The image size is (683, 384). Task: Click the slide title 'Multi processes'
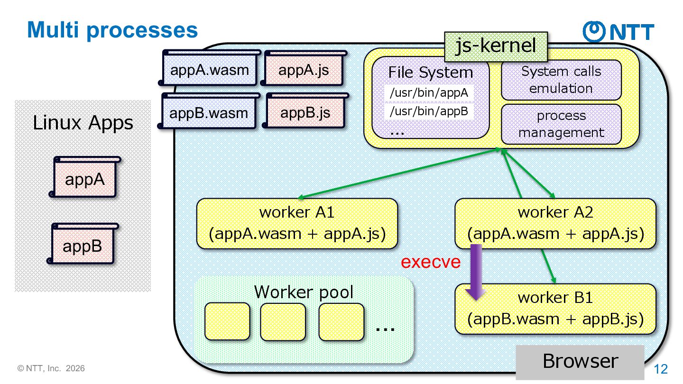112,30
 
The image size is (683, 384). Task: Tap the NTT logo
618,31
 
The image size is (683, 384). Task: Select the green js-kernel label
496,46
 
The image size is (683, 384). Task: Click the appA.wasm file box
210,68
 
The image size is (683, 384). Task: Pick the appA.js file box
304,68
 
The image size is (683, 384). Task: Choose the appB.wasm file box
209,111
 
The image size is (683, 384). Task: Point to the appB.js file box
305,110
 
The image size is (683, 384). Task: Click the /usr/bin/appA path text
429,92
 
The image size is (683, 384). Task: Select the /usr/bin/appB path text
429,111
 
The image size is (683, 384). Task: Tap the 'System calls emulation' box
561,80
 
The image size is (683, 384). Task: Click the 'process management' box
561,124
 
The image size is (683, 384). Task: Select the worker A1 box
297,223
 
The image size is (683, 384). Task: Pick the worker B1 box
555,309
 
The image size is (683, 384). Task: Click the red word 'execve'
431,262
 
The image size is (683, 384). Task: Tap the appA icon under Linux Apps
85,177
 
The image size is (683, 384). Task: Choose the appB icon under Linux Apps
83,244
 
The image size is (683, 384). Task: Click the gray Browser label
580,362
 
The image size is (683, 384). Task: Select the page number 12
661,369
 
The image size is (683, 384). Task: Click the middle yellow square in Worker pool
283,321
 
